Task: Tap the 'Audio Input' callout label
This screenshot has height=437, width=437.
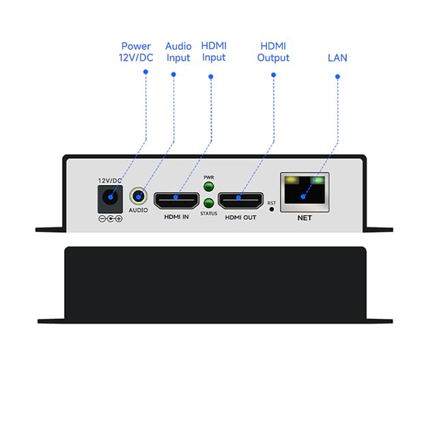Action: tap(178, 52)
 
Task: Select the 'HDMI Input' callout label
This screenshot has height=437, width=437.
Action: tap(214, 52)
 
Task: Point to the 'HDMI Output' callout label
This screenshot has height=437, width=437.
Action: tap(273, 52)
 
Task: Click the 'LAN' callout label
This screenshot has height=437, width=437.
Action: tap(337, 58)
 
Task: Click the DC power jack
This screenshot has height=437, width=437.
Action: tap(110, 199)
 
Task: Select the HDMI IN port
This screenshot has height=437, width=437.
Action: tap(176, 200)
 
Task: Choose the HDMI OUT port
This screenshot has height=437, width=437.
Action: tap(240, 200)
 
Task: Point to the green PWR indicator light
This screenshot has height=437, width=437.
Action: tap(209, 186)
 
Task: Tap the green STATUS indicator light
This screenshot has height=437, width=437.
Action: tap(209, 203)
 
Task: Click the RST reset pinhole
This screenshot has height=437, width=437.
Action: tap(272, 210)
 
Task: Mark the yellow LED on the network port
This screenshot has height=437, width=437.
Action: tap(292, 181)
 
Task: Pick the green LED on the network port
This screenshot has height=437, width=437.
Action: tap(317, 181)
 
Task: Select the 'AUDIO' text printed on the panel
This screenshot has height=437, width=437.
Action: tap(139, 210)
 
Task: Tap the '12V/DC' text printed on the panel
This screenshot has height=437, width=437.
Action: tap(110, 180)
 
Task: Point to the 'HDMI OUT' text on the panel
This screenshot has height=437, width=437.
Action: tap(240, 218)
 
